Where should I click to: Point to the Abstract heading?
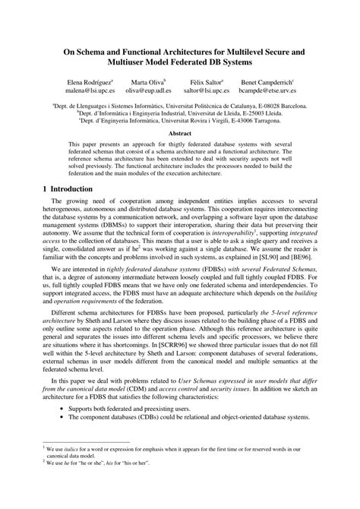(x=179, y=132)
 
